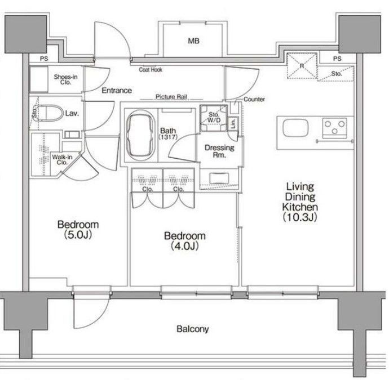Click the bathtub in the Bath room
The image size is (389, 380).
(141, 136)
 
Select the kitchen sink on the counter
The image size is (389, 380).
(295, 128)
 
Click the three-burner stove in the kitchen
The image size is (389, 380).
(334, 128)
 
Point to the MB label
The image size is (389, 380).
(193, 41)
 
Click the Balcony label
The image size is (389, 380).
(192, 329)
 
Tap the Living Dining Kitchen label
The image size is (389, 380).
(300, 202)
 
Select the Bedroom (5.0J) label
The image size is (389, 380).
(78, 229)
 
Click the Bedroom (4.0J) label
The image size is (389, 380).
(185, 241)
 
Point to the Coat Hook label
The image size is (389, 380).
(151, 70)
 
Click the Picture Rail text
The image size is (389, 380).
(171, 97)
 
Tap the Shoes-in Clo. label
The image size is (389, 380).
(65, 79)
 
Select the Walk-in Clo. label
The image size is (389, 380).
(62, 160)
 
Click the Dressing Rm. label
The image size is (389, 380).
(219, 151)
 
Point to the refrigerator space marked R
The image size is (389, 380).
(302, 66)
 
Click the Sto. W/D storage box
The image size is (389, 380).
(214, 118)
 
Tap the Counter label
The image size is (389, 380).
(254, 99)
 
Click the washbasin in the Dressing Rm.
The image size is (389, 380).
(219, 178)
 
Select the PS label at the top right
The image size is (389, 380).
(337, 59)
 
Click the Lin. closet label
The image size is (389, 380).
(233, 123)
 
